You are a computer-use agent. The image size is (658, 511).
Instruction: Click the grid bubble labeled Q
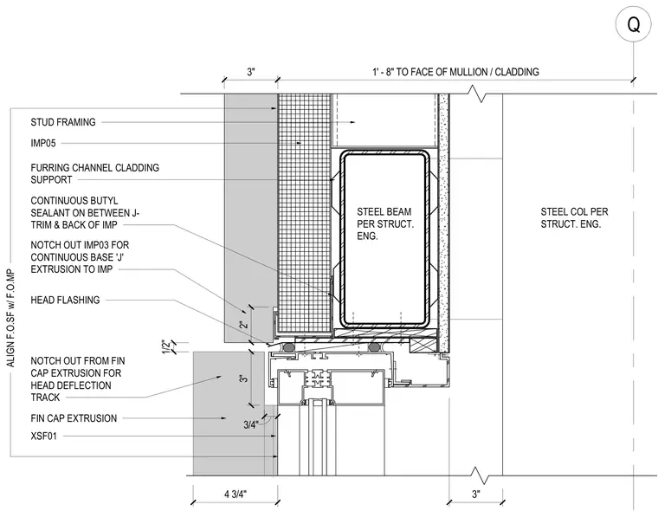pos(633,25)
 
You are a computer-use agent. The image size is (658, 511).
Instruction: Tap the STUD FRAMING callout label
pos(63,122)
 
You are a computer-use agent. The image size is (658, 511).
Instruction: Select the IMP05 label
pos(43,143)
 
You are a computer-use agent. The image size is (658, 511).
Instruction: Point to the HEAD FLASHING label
pos(65,300)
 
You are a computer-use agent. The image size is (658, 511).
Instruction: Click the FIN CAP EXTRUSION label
pos(74,418)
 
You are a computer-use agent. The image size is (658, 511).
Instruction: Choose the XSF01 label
pos(43,437)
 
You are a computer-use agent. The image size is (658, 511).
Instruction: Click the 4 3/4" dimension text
pos(235,495)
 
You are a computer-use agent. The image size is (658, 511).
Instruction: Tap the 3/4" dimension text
pos(250,425)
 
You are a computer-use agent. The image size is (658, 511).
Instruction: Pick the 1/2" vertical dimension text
pos(166,347)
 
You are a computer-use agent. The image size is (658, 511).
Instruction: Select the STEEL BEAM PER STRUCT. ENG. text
pos(384,223)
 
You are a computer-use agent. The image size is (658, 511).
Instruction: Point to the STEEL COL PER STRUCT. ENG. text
pos(574,218)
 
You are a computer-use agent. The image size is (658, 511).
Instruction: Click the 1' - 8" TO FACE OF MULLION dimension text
pos(455,72)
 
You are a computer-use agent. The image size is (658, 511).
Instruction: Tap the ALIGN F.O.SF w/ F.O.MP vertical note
pos(10,318)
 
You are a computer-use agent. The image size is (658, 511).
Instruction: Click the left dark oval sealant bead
pos(288,347)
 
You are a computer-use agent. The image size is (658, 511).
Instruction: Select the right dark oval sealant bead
pos(375,347)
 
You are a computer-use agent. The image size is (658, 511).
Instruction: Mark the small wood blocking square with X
pos(423,345)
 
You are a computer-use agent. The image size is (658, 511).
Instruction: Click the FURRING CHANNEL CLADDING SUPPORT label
pos(95,173)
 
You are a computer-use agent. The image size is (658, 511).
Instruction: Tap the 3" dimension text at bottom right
pos(476,495)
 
